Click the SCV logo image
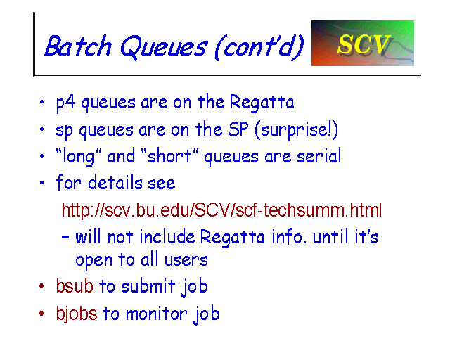tap(363, 43)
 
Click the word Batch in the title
tap(78, 46)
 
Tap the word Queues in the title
tap(163, 47)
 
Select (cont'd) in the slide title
tap(259, 47)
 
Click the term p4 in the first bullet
tap(65, 103)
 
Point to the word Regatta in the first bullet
tap(262, 103)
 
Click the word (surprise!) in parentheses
tap(296, 130)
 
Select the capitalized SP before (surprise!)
tap(238, 129)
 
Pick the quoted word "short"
tap(169, 156)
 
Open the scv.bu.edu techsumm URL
tap(221, 210)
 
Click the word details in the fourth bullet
tap(115, 182)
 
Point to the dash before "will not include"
tap(65, 238)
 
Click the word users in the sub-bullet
tap(186, 260)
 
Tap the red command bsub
tap(75, 285)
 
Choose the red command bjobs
tap(77, 314)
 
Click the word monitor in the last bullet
tap(156, 314)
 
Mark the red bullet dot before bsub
tap(41, 286)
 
